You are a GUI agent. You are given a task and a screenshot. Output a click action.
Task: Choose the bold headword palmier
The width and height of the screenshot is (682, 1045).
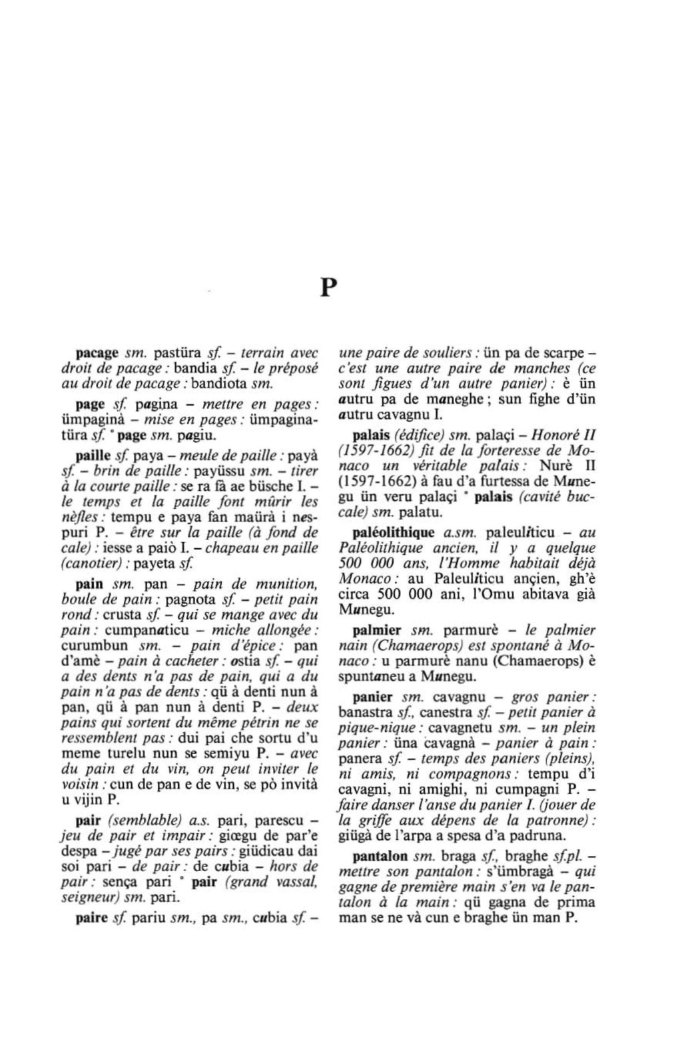pyautogui.click(x=377, y=629)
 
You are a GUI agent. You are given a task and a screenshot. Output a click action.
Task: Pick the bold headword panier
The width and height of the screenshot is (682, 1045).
pyautogui.click(x=374, y=697)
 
